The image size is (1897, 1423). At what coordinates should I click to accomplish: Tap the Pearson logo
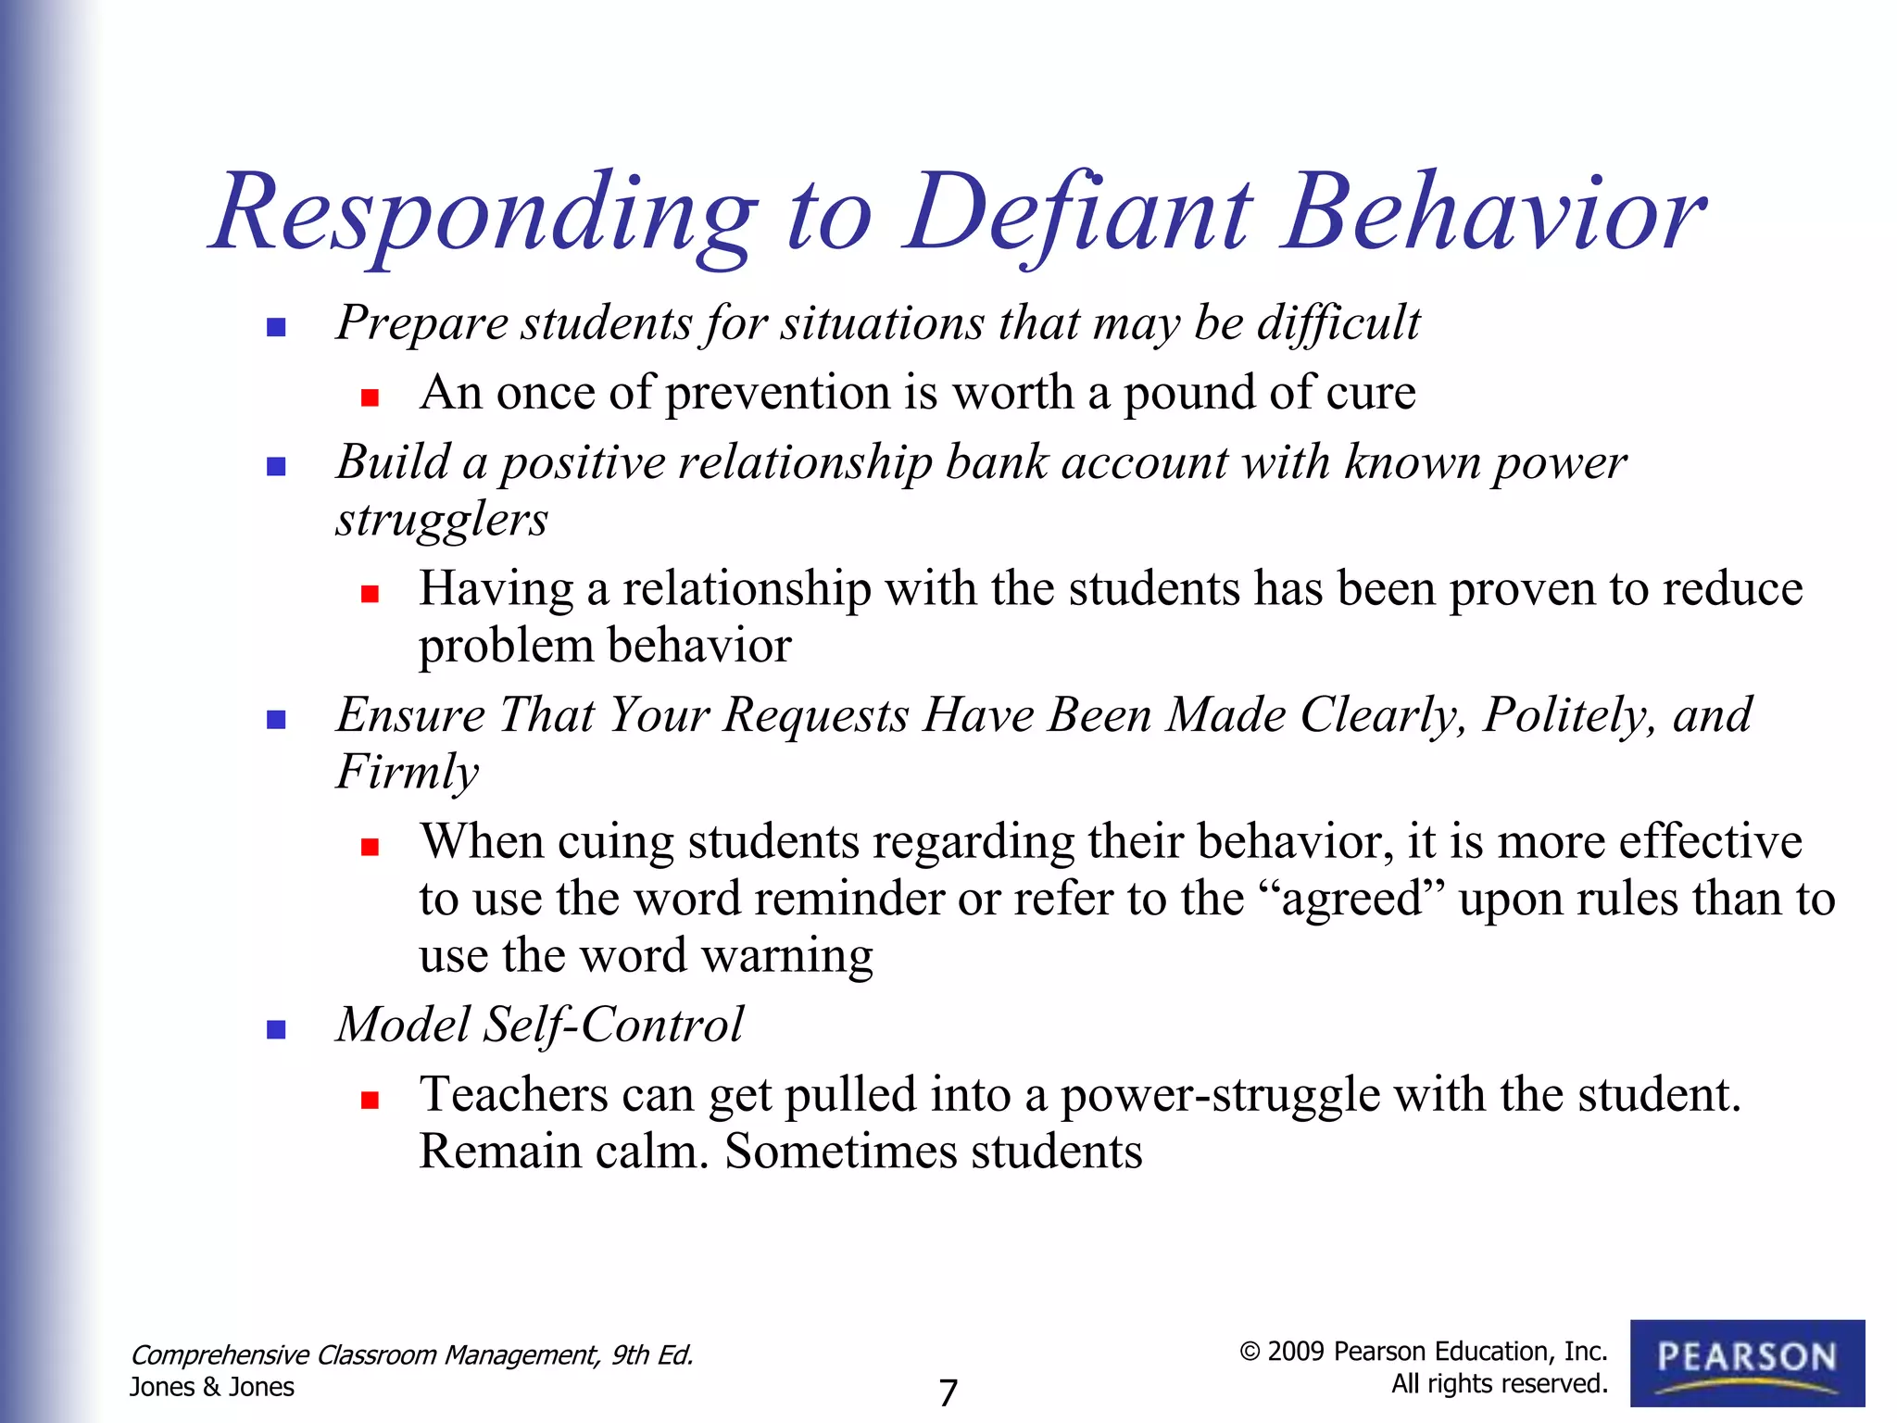tap(1747, 1363)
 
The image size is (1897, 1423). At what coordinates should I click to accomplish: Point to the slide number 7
tap(948, 1392)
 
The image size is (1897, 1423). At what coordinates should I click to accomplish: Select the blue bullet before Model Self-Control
tap(275, 1029)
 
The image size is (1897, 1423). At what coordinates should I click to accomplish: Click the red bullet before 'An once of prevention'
tap(371, 398)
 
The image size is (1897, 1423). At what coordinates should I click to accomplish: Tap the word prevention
tap(777, 393)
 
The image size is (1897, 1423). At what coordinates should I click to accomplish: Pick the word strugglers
tap(442, 519)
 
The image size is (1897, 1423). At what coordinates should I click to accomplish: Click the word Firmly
tap(408, 772)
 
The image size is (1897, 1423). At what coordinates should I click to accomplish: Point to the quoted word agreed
tap(1351, 900)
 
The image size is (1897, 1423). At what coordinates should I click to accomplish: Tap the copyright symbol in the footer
tap(1250, 1352)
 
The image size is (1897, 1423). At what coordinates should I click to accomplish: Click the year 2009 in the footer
tap(1296, 1352)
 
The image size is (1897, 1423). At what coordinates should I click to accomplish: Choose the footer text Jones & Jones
tap(212, 1387)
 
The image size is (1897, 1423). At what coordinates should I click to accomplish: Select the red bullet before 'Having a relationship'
tap(371, 594)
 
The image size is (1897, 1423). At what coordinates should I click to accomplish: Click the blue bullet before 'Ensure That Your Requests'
tap(275, 720)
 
